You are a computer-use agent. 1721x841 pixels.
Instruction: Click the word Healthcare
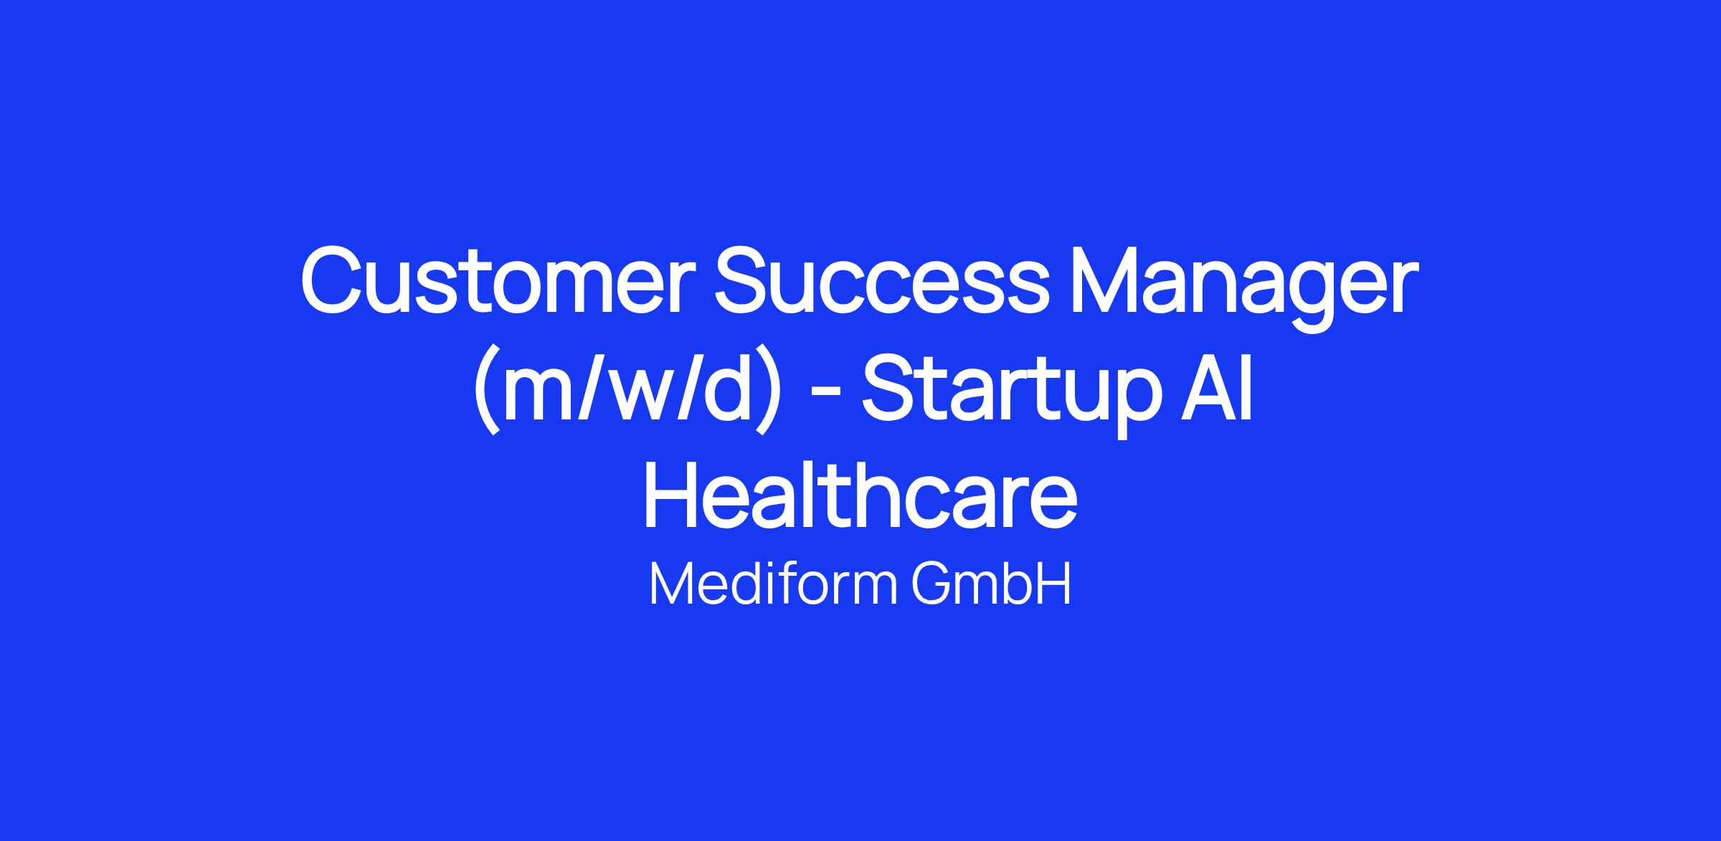pos(860,495)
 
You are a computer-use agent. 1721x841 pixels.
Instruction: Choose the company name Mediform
pos(773,584)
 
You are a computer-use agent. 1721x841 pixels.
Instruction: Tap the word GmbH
pos(991,584)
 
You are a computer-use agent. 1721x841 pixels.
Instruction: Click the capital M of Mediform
pos(672,584)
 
